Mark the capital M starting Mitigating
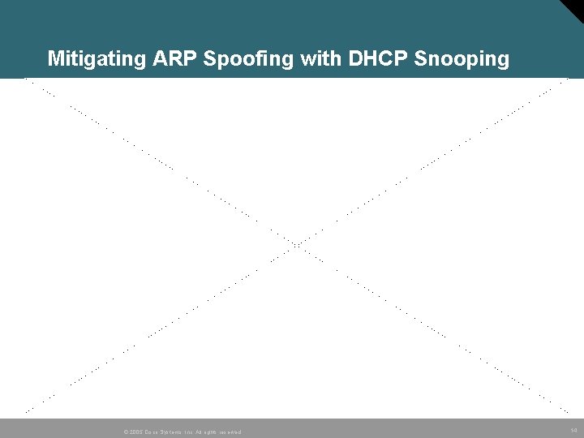pyautogui.click(x=55, y=59)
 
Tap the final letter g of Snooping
pyautogui.click(x=503, y=61)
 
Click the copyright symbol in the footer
pyautogui.click(x=125, y=432)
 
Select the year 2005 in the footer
pyautogui.click(x=135, y=432)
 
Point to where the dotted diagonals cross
pyautogui.click(x=297, y=244)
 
